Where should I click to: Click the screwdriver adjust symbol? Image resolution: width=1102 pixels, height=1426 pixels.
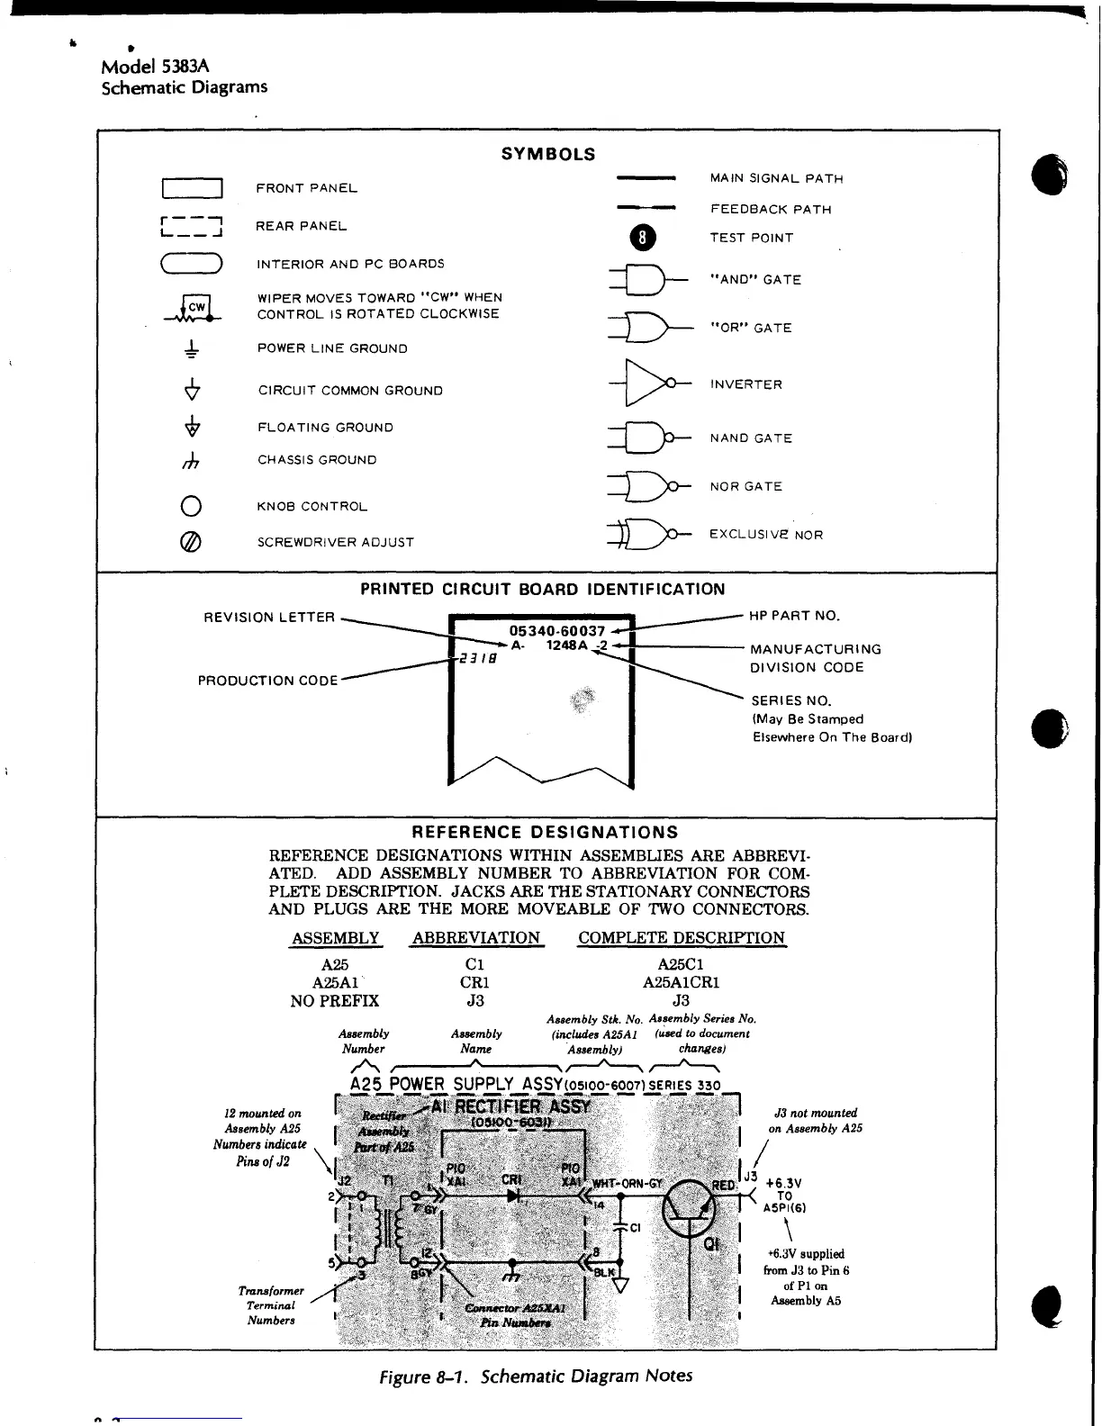click(x=191, y=542)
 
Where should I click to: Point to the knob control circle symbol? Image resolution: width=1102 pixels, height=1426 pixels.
click(x=191, y=506)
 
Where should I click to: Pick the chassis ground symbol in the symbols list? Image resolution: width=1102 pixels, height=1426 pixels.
click(x=191, y=461)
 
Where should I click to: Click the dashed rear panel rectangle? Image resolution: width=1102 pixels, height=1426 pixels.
click(x=191, y=227)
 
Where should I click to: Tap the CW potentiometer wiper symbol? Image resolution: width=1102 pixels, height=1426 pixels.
click(x=193, y=308)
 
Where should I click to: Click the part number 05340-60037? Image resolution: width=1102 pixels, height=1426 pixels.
click(x=556, y=631)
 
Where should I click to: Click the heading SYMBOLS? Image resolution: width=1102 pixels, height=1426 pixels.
click(x=548, y=154)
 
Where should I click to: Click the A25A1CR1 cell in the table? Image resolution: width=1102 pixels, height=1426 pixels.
click(x=681, y=982)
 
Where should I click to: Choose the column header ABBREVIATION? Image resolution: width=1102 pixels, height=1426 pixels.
click(x=475, y=938)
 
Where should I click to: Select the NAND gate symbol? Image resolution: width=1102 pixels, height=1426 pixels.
click(x=646, y=438)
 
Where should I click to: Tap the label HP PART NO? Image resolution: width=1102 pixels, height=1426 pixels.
click(x=794, y=617)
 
